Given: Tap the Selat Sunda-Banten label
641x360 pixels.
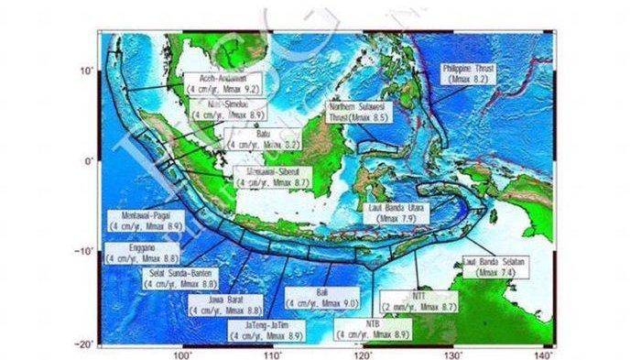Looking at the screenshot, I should coord(179,278).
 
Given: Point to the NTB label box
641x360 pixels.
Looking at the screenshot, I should coord(372,330).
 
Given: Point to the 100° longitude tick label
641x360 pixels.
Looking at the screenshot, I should coord(182,353).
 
